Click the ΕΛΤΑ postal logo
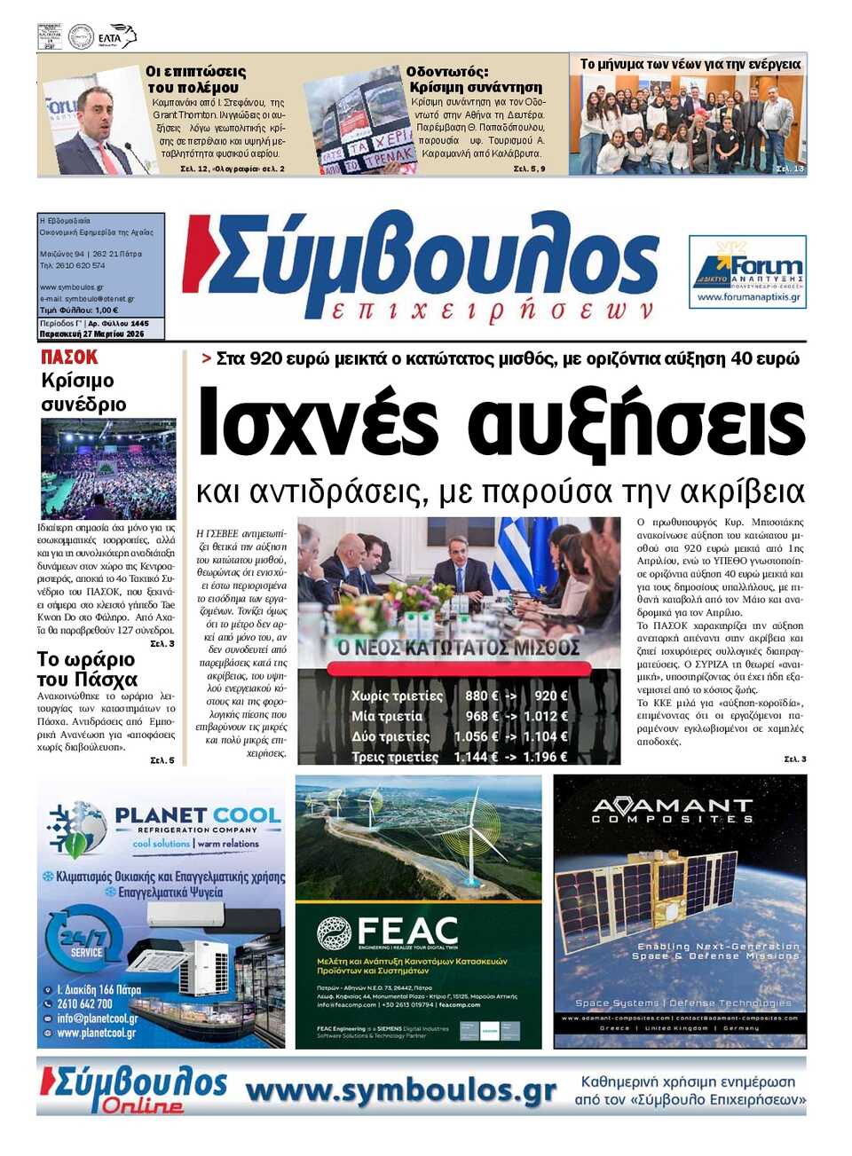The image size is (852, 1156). tap(116, 37)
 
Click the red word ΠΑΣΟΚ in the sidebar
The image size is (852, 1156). tap(69, 358)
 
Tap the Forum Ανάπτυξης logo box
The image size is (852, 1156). tap(747, 271)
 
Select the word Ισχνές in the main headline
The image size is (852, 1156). tap(318, 424)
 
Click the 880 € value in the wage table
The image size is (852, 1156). tap(480, 696)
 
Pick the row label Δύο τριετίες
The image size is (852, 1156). tap(390, 736)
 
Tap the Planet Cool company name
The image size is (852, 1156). tap(197, 815)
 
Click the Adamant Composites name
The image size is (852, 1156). tap(672, 810)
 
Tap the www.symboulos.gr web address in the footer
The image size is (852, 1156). tap(401, 1090)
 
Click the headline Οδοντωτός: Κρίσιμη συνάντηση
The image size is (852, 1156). tap(475, 79)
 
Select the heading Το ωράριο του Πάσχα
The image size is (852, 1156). tap(87, 669)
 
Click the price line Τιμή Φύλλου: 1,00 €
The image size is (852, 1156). tap(79, 311)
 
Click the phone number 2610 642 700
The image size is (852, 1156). tap(84, 1003)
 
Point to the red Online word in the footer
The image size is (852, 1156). tap(142, 1105)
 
